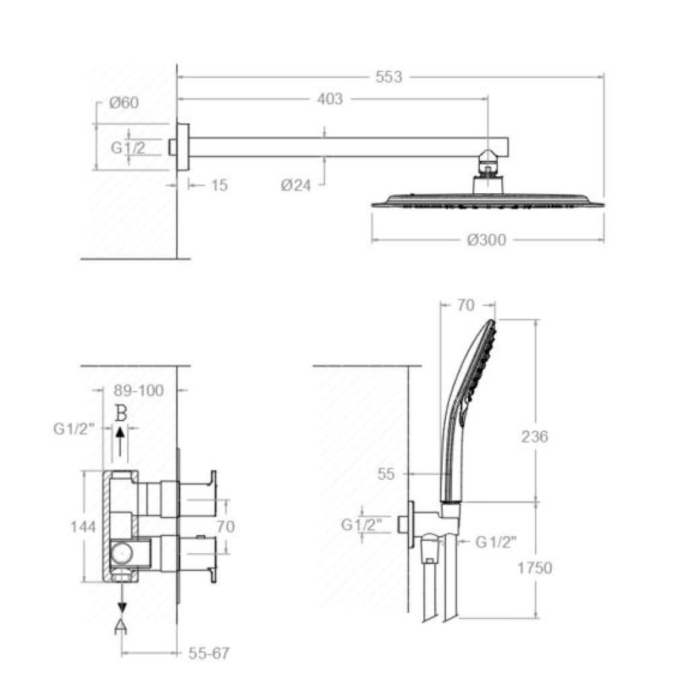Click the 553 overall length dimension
388,77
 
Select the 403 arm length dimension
330,99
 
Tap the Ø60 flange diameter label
124,103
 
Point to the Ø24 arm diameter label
296,185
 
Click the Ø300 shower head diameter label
487,240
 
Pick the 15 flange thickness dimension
219,185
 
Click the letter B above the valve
121,413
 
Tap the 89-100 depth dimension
139,390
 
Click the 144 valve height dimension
83,526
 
